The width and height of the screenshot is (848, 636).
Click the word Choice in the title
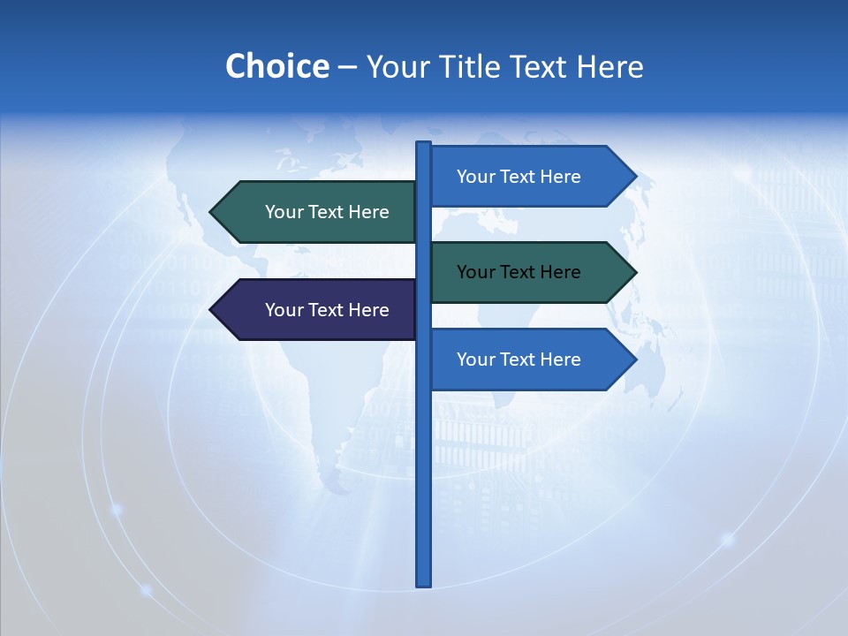click(276, 66)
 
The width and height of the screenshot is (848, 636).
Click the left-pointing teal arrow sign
click(318, 212)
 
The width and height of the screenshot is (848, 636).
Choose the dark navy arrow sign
click(318, 310)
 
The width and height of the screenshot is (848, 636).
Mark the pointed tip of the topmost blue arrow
click(634, 177)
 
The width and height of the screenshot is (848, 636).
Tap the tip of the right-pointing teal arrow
click(634, 272)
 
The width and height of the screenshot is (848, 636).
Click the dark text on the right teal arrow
click(519, 272)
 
